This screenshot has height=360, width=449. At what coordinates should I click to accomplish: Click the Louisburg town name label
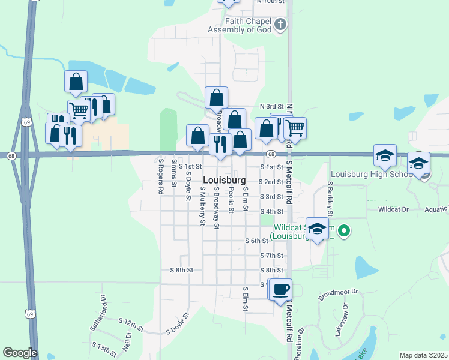point(224,181)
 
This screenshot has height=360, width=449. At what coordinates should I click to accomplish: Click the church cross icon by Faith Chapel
point(280,25)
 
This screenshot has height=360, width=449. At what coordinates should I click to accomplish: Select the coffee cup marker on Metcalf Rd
point(280,290)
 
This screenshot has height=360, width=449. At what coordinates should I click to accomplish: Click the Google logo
point(19,353)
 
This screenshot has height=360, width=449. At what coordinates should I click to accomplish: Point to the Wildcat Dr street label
point(393,209)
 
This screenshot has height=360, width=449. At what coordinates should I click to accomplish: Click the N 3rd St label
point(271,106)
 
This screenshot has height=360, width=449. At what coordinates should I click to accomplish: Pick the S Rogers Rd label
point(161,176)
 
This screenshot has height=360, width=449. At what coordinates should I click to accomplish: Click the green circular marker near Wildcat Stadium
point(344,230)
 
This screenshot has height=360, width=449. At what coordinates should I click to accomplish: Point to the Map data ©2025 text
point(423,355)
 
